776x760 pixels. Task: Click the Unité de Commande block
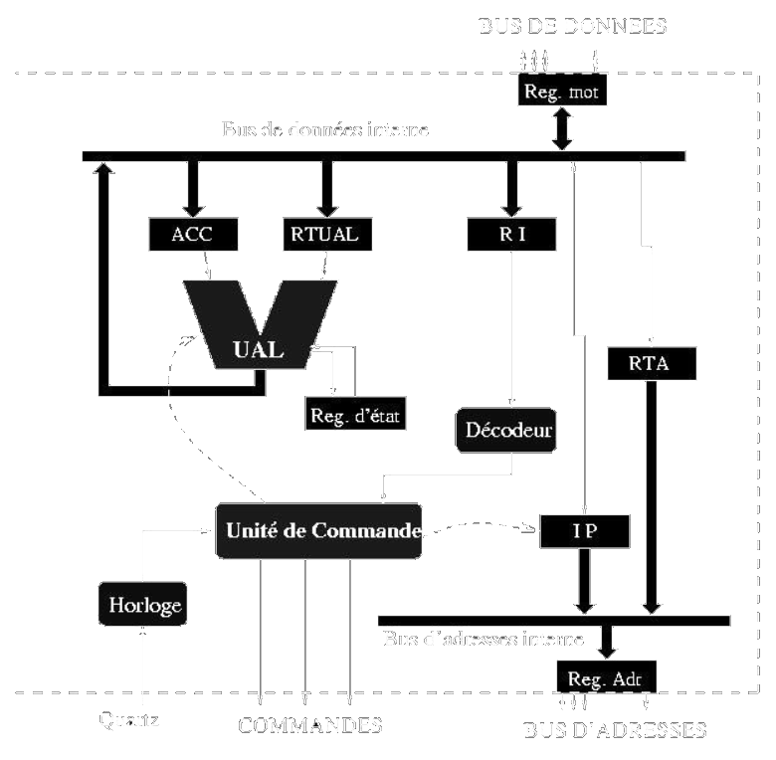pyautogui.click(x=318, y=530)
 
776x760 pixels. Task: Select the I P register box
pyautogui.click(x=584, y=530)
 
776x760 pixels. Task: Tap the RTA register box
pyautogui.click(x=651, y=363)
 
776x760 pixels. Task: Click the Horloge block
pyautogui.click(x=143, y=604)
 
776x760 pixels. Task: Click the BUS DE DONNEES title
pyautogui.click(x=571, y=27)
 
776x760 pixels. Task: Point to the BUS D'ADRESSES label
pyautogui.click(x=614, y=730)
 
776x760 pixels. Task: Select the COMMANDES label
pyautogui.click(x=310, y=725)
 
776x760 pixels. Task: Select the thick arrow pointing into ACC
pyautogui.click(x=192, y=186)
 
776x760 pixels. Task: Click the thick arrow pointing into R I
pyautogui.click(x=511, y=186)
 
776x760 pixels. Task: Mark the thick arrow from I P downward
pyautogui.click(x=584, y=581)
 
